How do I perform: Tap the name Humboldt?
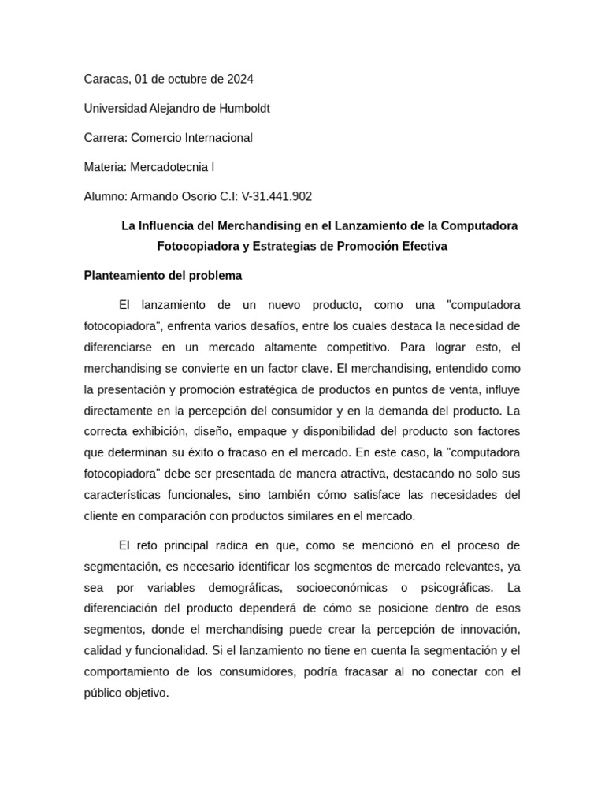click(243, 109)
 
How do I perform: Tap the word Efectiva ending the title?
click(418, 247)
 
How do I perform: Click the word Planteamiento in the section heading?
click(122, 276)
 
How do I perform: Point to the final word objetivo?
click(145, 694)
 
